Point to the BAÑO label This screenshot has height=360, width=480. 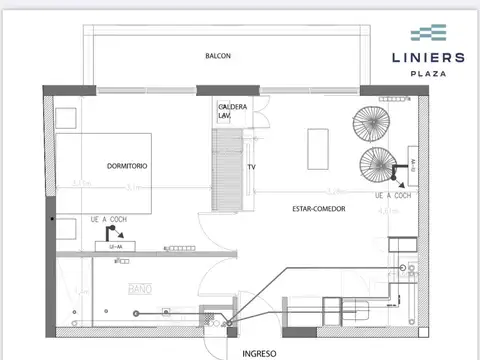coord(139,289)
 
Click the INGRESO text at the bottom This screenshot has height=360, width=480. coord(259,353)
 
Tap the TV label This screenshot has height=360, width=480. coord(252,168)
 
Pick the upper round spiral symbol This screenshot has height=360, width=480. coord(367,126)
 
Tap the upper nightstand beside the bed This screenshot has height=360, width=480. coord(66,114)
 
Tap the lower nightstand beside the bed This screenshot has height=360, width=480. coord(66,226)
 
